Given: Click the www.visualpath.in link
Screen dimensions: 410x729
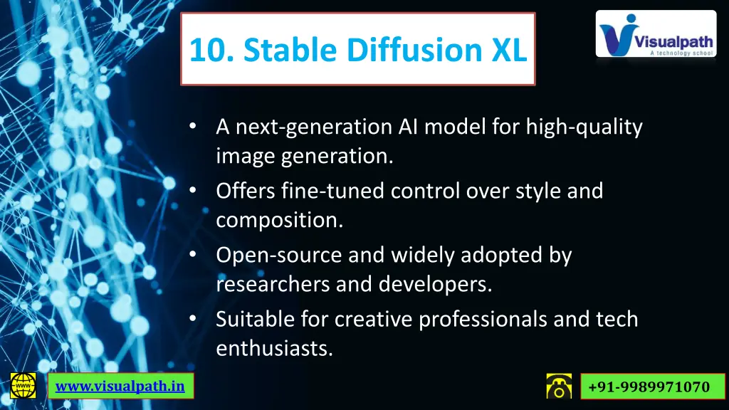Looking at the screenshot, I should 120,387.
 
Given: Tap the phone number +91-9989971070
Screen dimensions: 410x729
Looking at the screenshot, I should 650,387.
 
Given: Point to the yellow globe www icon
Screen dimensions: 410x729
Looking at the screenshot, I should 23,386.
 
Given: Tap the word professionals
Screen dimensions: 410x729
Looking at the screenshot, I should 483,319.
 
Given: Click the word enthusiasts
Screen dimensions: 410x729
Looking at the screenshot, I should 274,349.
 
